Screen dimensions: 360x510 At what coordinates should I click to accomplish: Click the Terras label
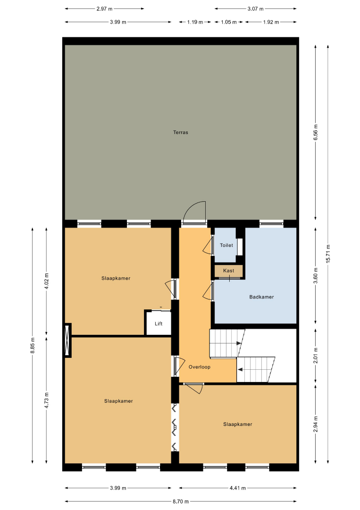180,132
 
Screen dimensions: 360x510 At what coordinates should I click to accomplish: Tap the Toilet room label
226,245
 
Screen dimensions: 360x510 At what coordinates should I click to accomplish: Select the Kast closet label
229,271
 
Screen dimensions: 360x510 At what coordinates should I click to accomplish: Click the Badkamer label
261,297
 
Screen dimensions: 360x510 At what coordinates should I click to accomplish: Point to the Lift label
159,323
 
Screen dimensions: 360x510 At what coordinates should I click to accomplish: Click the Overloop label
200,367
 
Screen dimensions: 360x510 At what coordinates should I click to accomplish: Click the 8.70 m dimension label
180,501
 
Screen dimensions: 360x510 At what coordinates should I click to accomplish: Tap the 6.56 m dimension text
316,132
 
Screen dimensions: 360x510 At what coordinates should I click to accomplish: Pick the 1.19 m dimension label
195,22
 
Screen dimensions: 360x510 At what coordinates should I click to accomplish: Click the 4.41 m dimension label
237,488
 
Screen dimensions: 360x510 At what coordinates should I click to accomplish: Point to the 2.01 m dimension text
316,356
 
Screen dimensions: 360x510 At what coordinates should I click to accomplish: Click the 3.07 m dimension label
255,9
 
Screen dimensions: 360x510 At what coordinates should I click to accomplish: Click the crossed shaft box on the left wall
67,340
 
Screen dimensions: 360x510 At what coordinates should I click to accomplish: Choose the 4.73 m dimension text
46,400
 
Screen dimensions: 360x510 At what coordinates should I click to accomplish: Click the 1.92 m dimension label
271,22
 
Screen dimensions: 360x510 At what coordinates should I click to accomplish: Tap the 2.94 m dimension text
316,424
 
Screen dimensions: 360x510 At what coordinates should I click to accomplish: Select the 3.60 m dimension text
316,275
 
